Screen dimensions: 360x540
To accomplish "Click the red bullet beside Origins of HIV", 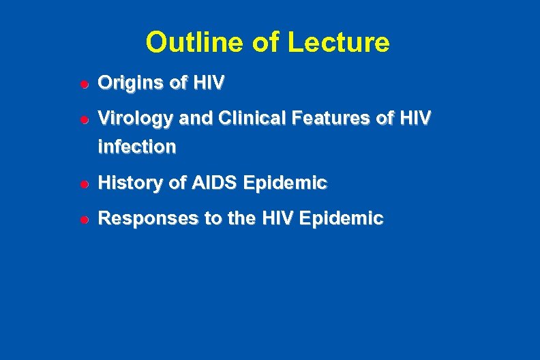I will point(80,84).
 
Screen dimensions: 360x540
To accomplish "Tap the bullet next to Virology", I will point(80,119).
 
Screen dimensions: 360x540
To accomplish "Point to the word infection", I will point(137,146).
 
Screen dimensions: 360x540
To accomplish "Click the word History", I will point(128,183).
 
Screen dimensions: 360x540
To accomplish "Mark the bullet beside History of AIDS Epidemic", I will point(80,183).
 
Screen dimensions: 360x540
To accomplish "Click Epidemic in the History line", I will point(285,183).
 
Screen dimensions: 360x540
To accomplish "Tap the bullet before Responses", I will point(80,219).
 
